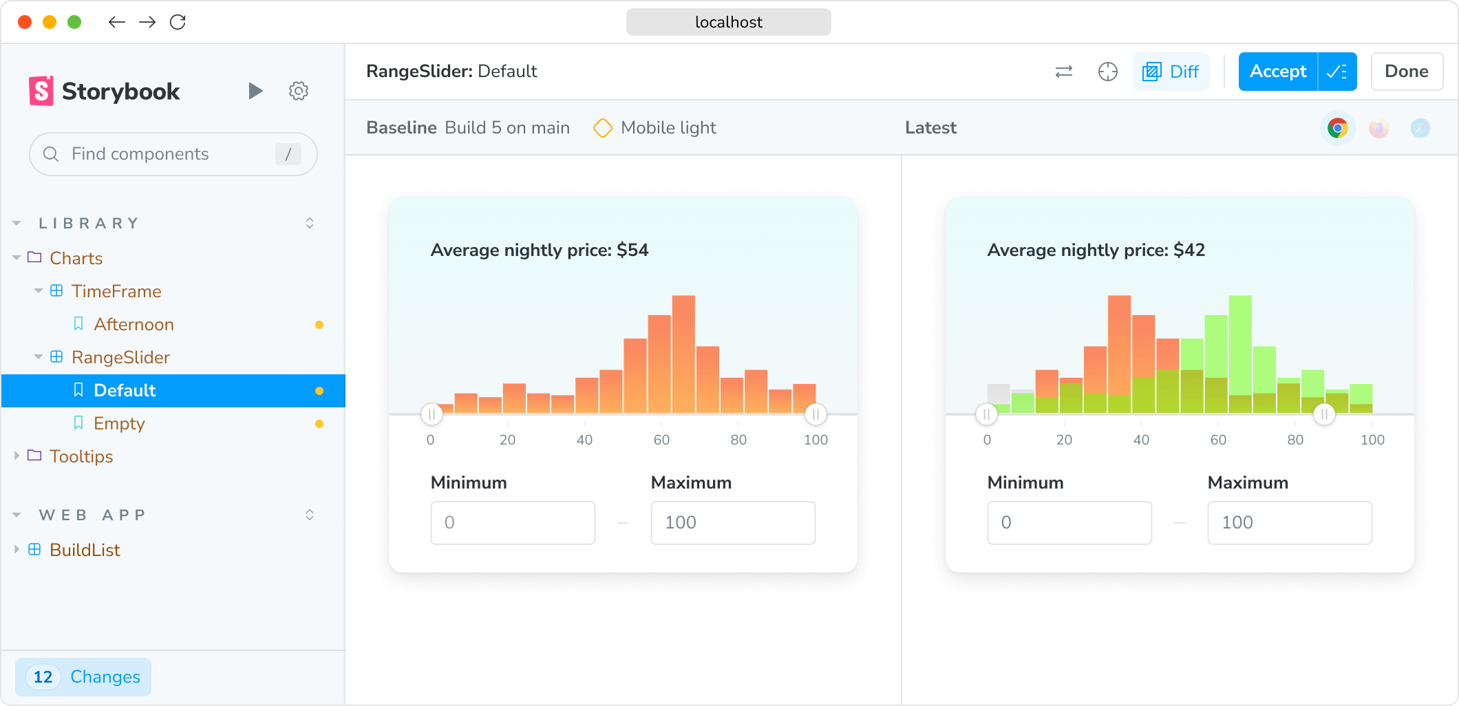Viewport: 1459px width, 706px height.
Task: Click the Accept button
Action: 1277,72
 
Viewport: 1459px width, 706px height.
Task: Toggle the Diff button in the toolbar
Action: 1171,72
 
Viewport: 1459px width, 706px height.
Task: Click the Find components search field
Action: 172,154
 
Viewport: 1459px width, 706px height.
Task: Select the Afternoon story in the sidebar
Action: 134,324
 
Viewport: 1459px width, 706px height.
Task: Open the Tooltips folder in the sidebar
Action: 81,456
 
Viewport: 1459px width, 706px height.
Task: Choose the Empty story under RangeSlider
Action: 119,423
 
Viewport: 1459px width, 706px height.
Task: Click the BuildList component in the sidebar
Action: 85,550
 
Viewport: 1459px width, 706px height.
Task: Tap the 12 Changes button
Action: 83,676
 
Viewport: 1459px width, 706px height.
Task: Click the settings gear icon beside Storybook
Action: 298,91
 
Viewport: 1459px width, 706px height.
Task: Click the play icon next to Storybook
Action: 255,91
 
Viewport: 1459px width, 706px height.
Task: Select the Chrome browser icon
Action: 1337,128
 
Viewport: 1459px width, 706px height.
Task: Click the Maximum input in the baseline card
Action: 733,522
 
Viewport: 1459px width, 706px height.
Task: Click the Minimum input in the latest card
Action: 1069,522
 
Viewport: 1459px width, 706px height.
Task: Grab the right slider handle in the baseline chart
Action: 816,414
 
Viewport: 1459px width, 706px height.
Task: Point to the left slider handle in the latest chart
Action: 986,414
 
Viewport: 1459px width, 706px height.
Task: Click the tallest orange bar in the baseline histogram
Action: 683,354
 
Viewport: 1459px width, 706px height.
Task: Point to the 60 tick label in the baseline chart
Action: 661,440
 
